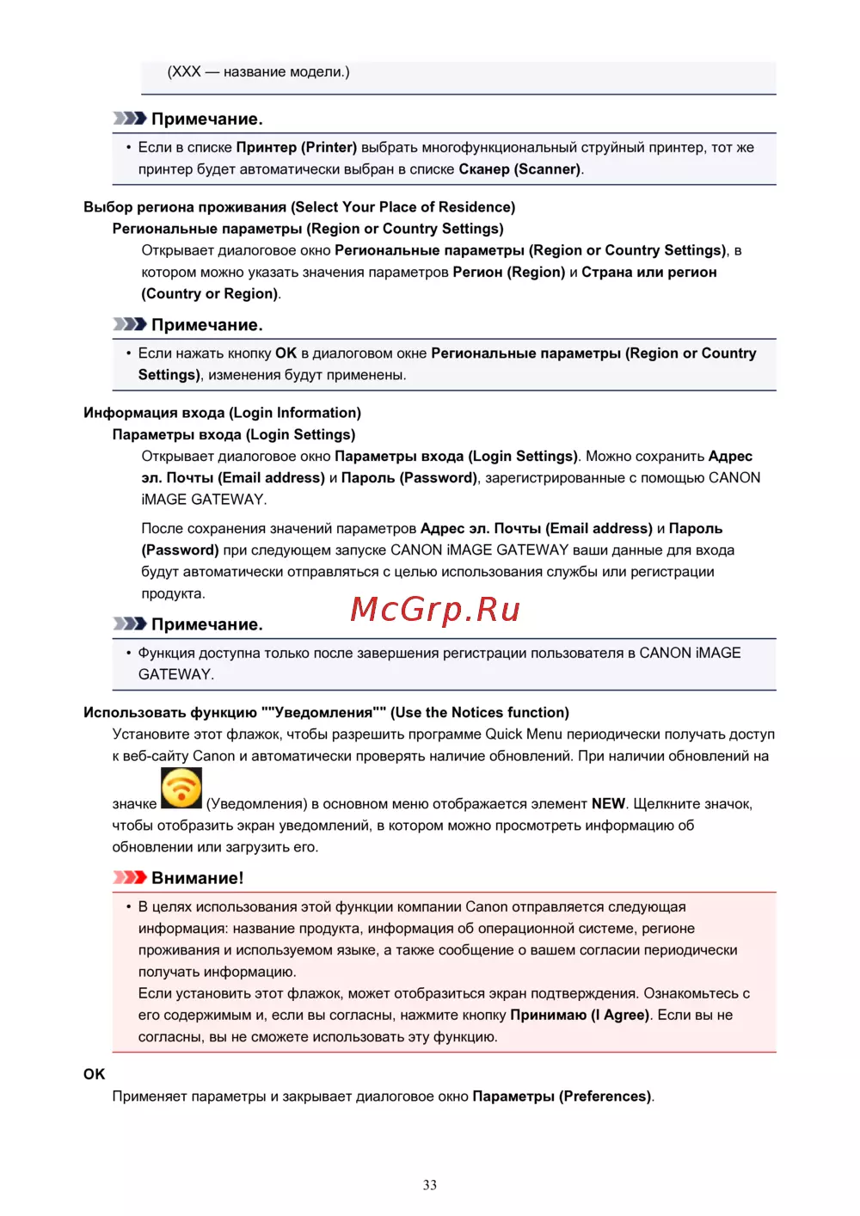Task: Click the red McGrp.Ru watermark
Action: click(435, 609)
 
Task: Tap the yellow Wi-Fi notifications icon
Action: click(181, 788)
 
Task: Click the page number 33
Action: click(430, 1185)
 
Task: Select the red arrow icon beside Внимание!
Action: click(130, 877)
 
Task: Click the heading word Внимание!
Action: click(197, 878)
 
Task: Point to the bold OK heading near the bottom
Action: click(94, 1074)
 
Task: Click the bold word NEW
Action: click(608, 804)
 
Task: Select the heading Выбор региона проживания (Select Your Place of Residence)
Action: click(299, 207)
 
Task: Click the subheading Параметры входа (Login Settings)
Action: click(234, 435)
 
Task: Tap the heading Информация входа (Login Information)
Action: click(222, 413)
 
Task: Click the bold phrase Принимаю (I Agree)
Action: click(580, 1015)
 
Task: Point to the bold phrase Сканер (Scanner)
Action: click(519, 169)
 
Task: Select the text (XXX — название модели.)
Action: click(258, 71)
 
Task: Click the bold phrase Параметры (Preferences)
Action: click(562, 1096)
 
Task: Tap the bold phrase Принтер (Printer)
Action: click(296, 148)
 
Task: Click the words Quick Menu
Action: click(524, 734)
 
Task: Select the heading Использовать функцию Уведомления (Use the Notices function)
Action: click(326, 713)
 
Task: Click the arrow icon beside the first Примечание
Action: click(130, 118)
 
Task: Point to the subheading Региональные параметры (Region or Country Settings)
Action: click(308, 229)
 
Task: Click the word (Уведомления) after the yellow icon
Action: click(256, 804)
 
